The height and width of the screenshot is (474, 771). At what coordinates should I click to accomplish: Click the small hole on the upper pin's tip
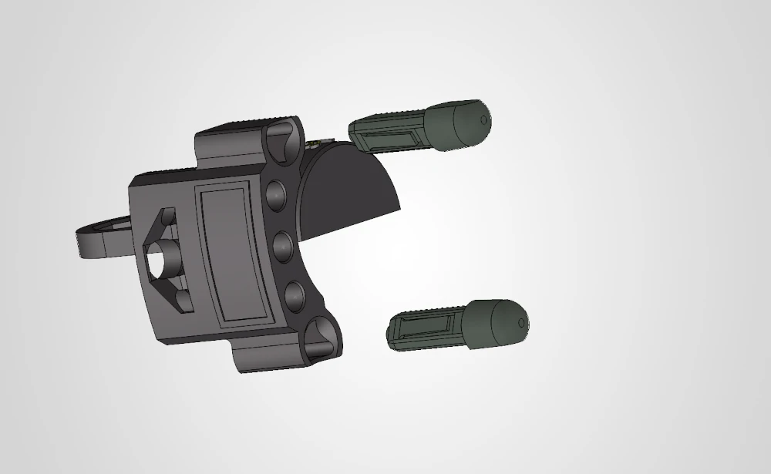pos(483,120)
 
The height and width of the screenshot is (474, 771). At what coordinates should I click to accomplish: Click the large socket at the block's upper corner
pos(281,139)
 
